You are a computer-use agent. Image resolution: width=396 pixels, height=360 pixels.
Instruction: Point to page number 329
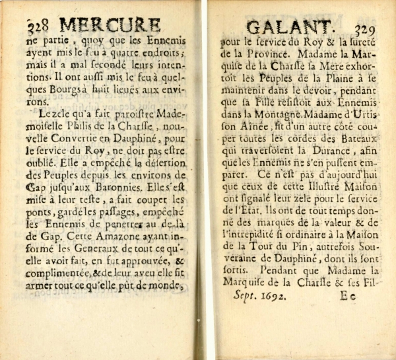pyautogui.click(x=366, y=29)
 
